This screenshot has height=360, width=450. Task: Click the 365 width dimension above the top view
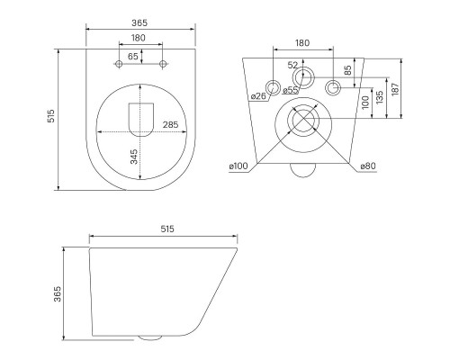pos(139,22)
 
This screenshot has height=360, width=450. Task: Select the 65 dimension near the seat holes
pos(133,56)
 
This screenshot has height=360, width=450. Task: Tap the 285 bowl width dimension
pos(170,124)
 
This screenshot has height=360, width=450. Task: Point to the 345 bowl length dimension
pos(134,157)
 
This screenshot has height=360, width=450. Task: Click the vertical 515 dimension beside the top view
pos(51,115)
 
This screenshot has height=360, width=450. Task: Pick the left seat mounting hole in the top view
pos(119,64)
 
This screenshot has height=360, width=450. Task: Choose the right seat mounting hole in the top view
pos(163,64)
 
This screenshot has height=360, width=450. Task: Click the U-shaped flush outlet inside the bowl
pos(141,120)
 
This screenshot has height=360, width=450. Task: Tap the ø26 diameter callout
pos(258,96)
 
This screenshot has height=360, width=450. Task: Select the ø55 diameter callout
pos(291,90)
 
